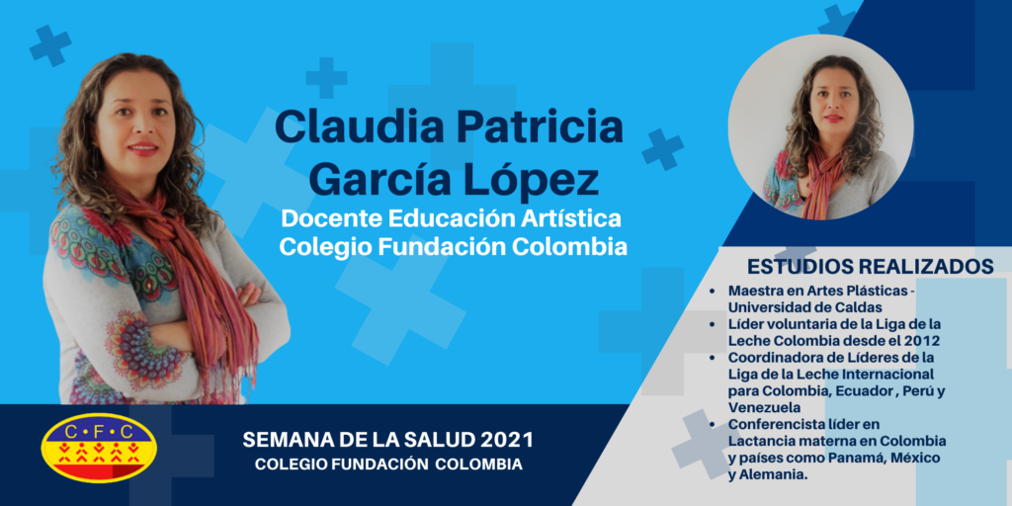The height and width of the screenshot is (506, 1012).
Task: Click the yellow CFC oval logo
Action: tap(98, 449)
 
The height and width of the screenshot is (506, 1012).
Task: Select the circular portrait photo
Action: tap(820, 127)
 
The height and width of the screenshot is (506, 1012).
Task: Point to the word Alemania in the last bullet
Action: tap(773, 474)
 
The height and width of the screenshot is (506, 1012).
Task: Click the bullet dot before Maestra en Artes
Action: tap(712, 292)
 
